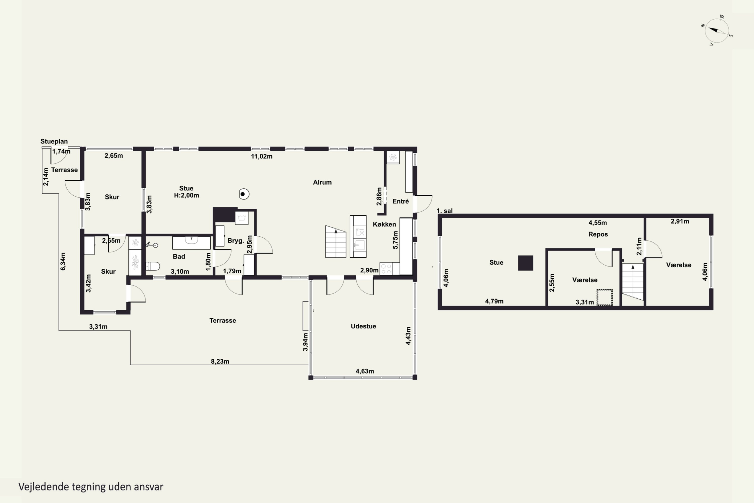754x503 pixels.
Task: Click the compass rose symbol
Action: [x=717, y=31]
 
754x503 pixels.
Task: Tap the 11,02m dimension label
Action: [x=262, y=156]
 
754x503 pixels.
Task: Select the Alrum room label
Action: [x=322, y=182]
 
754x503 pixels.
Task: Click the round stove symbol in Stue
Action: [x=244, y=194]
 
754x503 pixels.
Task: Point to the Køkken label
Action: [x=384, y=224]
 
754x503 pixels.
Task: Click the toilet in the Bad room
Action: [x=153, y=266]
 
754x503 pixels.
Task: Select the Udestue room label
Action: [x=363, y=326]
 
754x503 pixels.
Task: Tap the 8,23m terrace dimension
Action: [x=220, y=362]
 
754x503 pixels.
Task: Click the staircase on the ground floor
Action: [x=336, y=241]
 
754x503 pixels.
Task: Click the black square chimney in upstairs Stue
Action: [x=526, y=263]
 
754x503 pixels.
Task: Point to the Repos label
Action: [x=598, y=234]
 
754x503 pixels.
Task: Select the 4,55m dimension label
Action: [x=598, y=223]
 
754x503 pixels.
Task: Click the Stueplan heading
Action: [x=54, y=141]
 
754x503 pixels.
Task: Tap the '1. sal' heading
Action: [x=445, y=211]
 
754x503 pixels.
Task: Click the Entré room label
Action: [x=400, y=201]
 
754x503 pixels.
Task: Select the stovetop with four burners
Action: [x=386, y=269]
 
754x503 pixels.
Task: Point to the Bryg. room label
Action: [x=236, y=241]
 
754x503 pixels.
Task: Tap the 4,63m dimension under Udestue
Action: [x=365, y=371]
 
